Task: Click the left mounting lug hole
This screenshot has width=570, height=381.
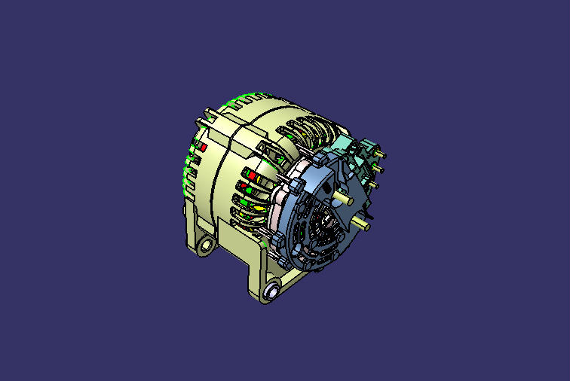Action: (x=206, y=246)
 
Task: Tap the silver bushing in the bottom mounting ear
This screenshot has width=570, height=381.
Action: (x=272, y=291)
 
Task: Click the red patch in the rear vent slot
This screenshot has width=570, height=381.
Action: (x=202, y=148)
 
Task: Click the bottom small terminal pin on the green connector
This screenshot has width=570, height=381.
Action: (x=371, y=183)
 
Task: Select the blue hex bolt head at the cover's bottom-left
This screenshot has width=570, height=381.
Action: (x=277, y=239)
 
